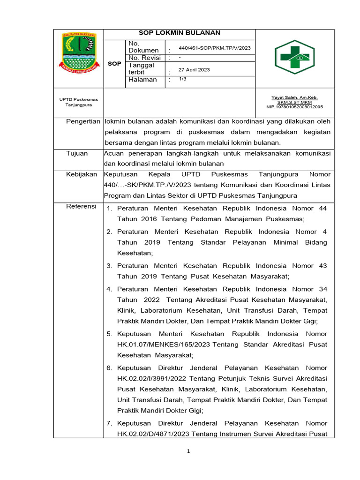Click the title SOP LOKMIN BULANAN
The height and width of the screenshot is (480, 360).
(x=180, y=33)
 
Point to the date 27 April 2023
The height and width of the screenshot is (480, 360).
(x=194, y=70)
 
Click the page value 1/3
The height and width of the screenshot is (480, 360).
(x=182, y=79)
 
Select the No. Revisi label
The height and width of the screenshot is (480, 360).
(x=144, y=58)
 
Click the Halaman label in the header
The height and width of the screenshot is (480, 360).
(x=142, y=80)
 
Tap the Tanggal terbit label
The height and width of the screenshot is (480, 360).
(x=141, y=69)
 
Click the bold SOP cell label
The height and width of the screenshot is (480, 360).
(x=114, y=63)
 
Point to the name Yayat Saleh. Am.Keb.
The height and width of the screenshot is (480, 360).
(x=294, y=97)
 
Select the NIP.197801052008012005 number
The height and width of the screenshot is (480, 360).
(x=294, y=107)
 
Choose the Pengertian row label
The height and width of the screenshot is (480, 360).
(x=83, y=121)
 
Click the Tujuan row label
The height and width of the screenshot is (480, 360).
(x=77, y=153)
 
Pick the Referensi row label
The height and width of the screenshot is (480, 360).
(x=81, y=206)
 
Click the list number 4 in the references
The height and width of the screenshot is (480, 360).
(x=109, y=289)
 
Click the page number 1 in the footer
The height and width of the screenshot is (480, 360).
(x=188, y=451)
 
